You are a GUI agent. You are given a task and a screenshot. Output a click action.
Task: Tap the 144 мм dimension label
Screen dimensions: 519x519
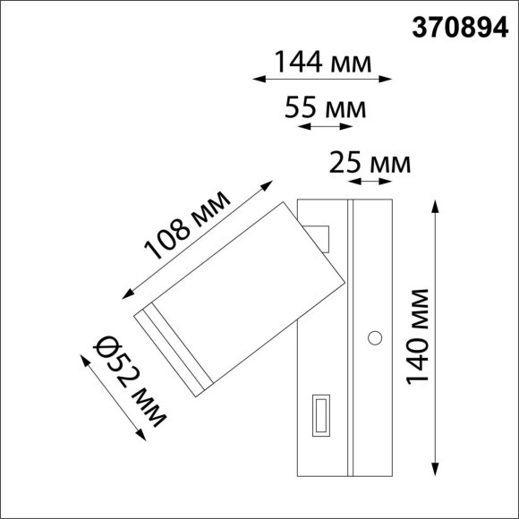[x=323, y=62]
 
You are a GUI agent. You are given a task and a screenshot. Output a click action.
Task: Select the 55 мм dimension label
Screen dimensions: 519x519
[x=325, y=108]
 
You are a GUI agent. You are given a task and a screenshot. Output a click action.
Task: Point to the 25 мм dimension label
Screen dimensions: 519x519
[x=370, y=164]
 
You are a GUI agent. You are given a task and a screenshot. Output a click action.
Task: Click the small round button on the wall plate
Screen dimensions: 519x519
[x=375, y=338]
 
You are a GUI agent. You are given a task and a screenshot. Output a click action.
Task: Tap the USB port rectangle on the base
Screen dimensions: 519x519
[x=319, y=417]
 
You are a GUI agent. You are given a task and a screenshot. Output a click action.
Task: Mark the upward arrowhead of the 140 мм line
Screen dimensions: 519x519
[x=436, y=205]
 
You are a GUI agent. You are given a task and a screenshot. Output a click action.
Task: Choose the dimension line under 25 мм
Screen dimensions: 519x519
[x=370, y=182]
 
